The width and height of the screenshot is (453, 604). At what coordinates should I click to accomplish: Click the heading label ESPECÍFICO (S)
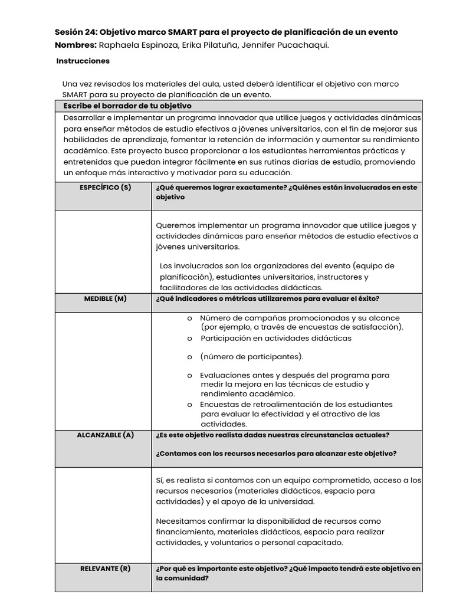[x=106, y=188]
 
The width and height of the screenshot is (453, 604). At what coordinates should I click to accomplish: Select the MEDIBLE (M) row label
[x=105, y=298]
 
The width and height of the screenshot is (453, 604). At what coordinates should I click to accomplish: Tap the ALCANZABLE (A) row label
[x=106, y=435]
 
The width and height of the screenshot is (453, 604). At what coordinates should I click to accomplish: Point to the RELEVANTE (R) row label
[x=105, y=569]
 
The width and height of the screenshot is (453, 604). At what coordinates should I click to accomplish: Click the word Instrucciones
[x=83, y=61]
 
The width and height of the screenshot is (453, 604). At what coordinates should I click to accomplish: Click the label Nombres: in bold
[x=75, y=45]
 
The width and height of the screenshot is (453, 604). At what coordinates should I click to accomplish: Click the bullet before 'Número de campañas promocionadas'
[x=189, y=318]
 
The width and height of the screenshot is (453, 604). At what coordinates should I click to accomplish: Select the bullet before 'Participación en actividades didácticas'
[x=189, y=339]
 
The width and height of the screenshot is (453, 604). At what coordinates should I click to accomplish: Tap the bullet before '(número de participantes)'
[x=189, y=357]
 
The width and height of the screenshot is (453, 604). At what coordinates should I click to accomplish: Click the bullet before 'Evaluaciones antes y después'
[x=189, y=375]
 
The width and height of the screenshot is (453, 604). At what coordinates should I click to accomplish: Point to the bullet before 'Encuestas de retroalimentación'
[x=189, y=405]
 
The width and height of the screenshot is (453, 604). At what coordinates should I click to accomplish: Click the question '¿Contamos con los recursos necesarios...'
[x=276, y=454]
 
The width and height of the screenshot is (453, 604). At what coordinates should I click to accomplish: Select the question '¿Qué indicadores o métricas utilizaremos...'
[x=268, y=298]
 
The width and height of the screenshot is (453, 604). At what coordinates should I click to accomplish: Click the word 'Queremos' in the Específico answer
[x=176, y=225]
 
